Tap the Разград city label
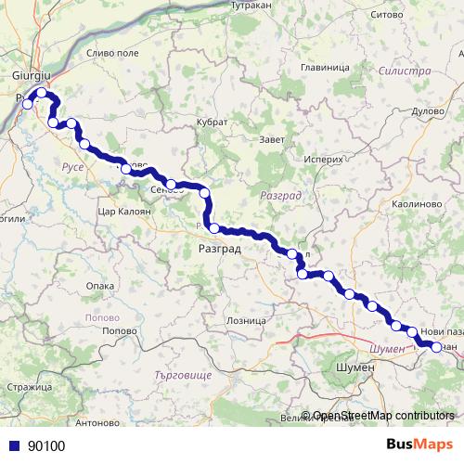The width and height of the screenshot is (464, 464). pyautogui.click(x=220, y=249)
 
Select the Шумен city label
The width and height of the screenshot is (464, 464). pyautogui.click(x=352, y=367)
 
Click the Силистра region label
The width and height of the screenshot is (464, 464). pyautogui.click(x=405, y=71)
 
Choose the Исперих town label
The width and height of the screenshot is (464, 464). pyautogui.click(x=322, y=159)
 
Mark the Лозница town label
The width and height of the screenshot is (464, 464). pyautogui.click(x=245, y=320)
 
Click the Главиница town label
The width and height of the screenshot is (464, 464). pyautogui.click(x=325, y=68)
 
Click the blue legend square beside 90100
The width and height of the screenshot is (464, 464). pyautogui.click(x=16, y=445)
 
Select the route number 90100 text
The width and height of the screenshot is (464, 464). pyautogui.click(x=46, y=445)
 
